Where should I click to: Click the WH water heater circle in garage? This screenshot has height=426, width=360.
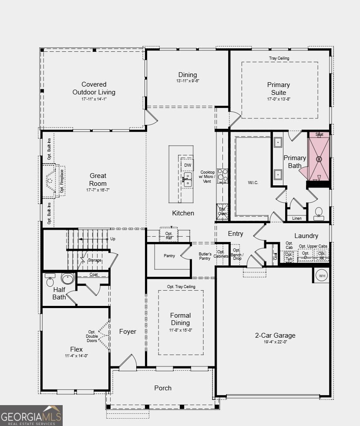click(x=323, y=275)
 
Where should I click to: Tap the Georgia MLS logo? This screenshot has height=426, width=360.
click(x=31, y=415)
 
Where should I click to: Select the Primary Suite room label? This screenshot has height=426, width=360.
click(x=279, y=88)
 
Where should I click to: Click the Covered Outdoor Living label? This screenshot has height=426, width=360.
click(x=94, y=88)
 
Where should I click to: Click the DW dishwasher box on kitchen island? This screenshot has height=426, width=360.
click(x=187, y=165)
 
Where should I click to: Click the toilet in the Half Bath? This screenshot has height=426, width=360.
click(x=49, y=278)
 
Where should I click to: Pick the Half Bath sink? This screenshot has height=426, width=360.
click(x=67, y=278)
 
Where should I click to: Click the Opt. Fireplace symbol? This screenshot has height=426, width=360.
click(x=51, y=180)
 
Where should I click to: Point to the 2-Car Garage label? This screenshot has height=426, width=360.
click(x=275, y=335)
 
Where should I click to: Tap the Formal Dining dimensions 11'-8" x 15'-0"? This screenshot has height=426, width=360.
click(x=180, y=330)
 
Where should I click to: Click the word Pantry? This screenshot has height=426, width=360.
click(x=169, y=256)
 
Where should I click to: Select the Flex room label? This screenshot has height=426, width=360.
click(x=76, y=349)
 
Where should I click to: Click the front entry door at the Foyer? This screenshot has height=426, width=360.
click(x=128, y=363)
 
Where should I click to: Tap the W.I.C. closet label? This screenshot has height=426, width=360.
click(x=252, y=182)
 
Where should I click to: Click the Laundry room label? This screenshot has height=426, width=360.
click(x=306, y=236)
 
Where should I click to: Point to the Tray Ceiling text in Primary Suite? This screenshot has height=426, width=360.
click(x=279, y=58)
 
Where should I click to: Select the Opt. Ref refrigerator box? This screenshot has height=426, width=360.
click(x=169, y=235)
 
